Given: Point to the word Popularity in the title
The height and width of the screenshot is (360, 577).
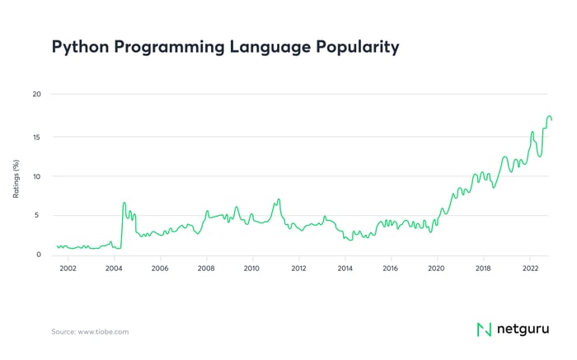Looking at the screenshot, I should pyautogui.click(x=360, y=48).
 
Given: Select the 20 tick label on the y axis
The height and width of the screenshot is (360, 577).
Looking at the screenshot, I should pyautogui.click(x=35, y=94).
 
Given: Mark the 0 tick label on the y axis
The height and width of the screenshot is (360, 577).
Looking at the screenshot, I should pyautogui.click(x=37, y=255).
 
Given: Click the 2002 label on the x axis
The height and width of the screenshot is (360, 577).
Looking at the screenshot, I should pyautogui.click(x=68, y=269).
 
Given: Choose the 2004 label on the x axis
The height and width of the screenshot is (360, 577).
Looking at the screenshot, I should pyautogui.click(x=114, y=269).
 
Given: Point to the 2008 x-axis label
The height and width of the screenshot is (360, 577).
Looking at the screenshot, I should pyautogui.click(x=206, y=269).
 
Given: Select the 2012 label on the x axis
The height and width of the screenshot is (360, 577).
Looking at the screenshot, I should pyautogui.click(x=298, y=269).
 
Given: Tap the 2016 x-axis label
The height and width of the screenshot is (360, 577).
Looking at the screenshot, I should pyautogui.click(x=391, y=269).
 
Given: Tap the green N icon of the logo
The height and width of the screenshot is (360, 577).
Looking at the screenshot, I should pyautogui.click(x=485, y=330).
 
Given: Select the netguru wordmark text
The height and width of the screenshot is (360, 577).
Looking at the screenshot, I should pyautogui.click(x=523, y=330).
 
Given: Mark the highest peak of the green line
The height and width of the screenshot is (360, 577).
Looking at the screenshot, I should pyautogui.click(x=549, y=116).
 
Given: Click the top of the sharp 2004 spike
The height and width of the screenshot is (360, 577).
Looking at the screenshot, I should pyautogui.click(x=124, y=203).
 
